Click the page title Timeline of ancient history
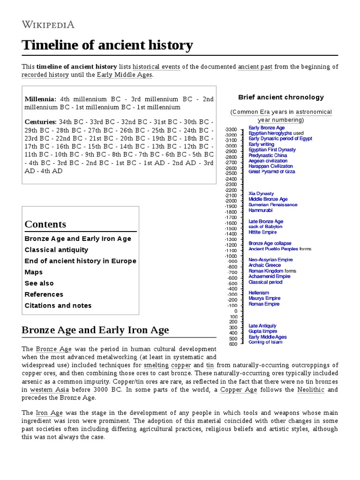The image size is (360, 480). point(107,45)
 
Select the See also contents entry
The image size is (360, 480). point(39,283)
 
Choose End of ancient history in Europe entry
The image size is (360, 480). point(80,261)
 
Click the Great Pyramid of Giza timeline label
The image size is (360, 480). point(271,172)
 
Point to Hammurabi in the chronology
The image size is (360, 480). point(260,210)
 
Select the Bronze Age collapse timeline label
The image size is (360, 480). point(270,243)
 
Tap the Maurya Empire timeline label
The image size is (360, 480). point(264,298)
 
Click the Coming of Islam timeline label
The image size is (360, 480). point(265,342)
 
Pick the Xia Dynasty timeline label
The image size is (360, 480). point(261,194)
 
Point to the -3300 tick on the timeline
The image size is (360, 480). point(231,129)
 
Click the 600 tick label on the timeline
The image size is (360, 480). point(233,344)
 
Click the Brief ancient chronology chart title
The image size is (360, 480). point(281,97)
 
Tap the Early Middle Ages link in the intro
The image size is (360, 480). point(124,75)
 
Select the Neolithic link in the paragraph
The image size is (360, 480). point(311,390)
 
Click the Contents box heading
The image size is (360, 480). point(45,224)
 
